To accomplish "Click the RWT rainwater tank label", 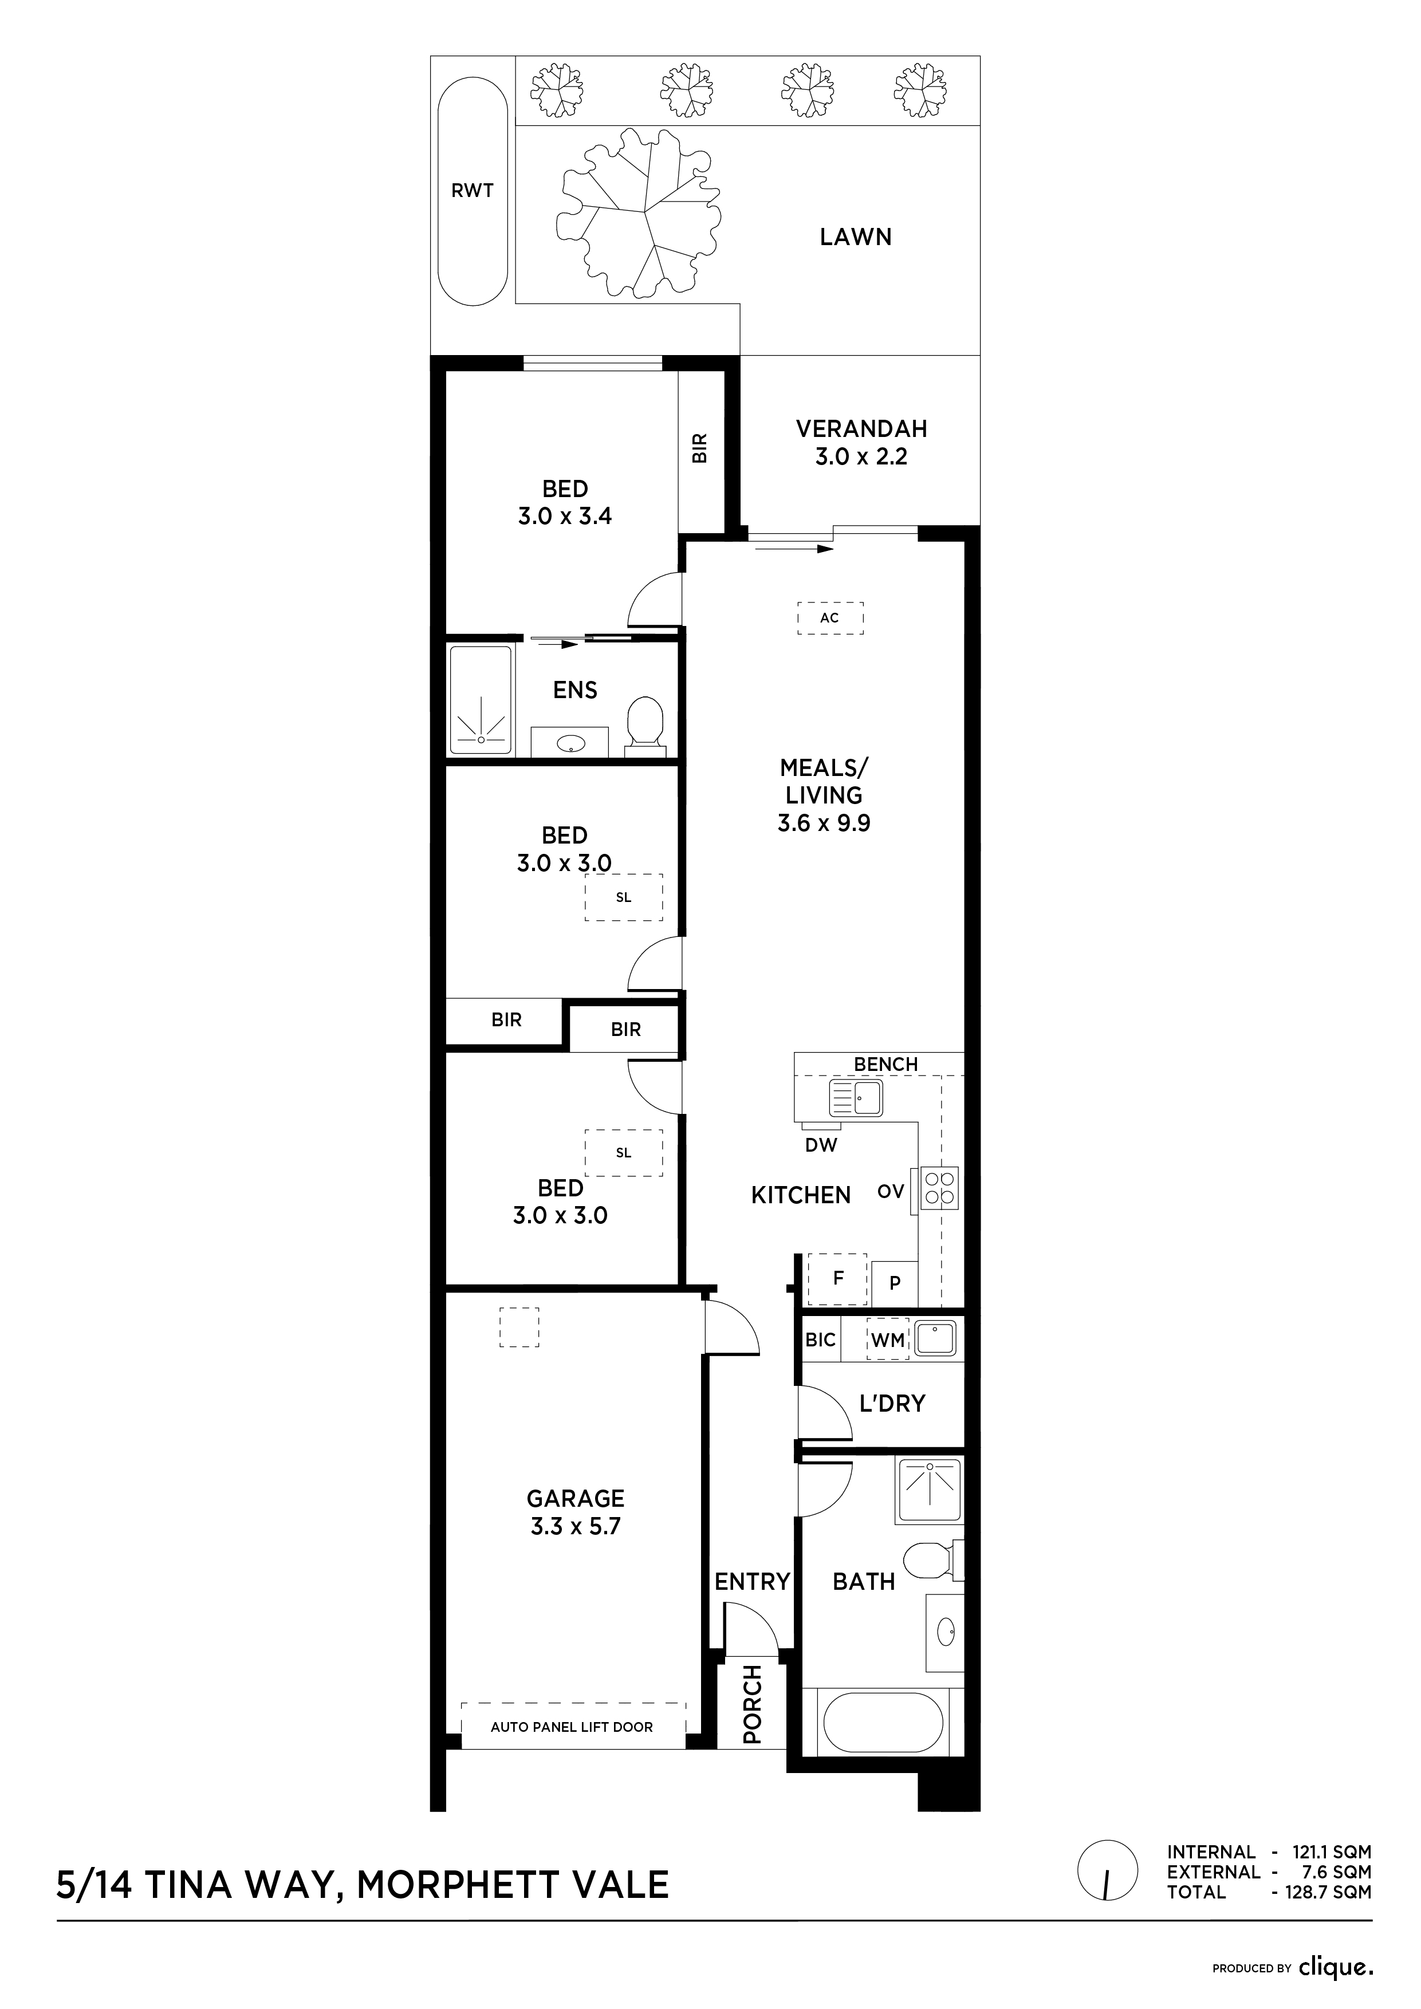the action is pyautogui.click(x=473, y=190).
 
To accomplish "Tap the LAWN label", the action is pyautogui.click(x=856, y=237).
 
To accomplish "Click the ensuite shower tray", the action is pyautogui.click(x=481, y=700).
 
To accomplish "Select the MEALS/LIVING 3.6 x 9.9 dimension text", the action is pyautogui.click(x=824, y=795).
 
